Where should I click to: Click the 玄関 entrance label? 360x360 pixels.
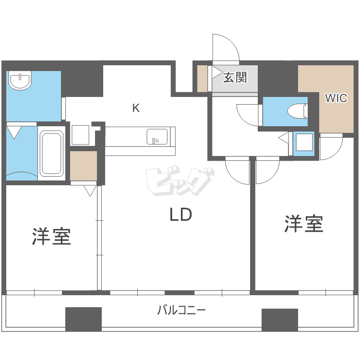235,77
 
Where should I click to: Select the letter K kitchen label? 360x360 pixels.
136,108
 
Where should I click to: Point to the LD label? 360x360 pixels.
180,215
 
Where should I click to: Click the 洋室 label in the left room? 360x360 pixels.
51,236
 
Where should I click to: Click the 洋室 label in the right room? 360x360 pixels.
303,224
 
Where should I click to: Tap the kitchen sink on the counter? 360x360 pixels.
156,136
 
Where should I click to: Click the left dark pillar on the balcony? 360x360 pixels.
84,319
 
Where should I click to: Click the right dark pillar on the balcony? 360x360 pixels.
279,319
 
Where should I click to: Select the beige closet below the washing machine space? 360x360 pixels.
83,165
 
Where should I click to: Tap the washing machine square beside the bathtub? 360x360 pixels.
80,135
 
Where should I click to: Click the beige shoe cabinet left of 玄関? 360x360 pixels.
202,78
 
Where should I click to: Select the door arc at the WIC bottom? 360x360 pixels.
331,147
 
